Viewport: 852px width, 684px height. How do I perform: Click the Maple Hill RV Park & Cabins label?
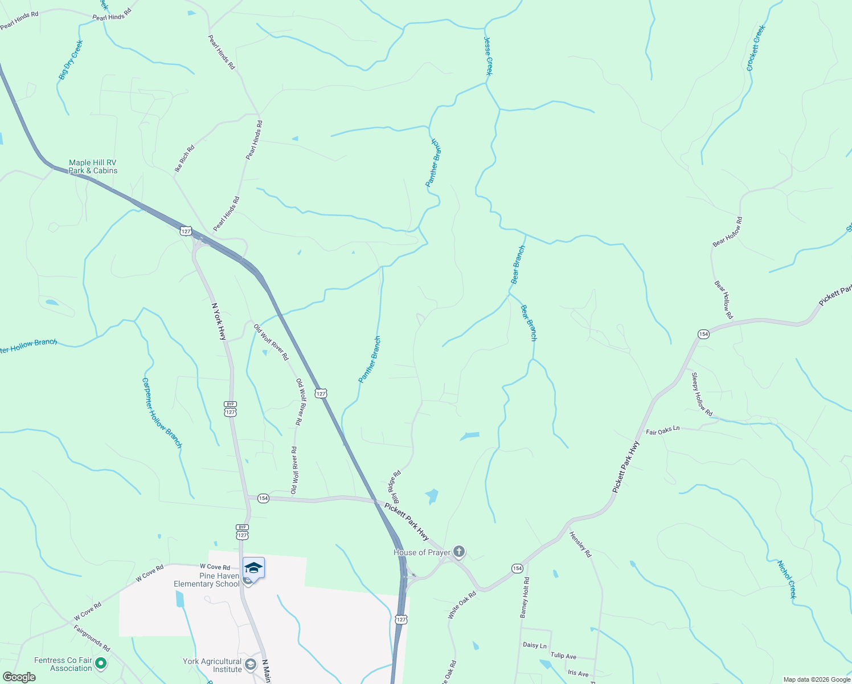pyautogui.click(x=93, y=166)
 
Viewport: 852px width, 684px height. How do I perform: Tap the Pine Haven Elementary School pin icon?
pyautogui.click(x=253, y=568)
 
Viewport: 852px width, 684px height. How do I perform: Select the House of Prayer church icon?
pyautogui.click(x=459, y=552)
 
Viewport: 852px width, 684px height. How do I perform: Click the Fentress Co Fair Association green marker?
pyautogui.click(x=101, y=663)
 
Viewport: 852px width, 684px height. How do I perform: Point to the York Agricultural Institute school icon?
pyautogui.click(x=250, y=664)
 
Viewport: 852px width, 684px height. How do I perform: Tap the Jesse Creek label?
pyautogui.click(x=488, y=56)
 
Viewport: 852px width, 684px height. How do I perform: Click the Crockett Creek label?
pyautogui.click(x=756, y=48)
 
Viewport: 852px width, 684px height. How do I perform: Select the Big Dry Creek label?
pyautogui.click(x=71, y=59)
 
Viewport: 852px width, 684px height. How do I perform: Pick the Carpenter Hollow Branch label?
pyautogui.click(x=162, y=413)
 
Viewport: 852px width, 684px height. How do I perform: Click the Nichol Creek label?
pyautogui.click(x=787, y=579)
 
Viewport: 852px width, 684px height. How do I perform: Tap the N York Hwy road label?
pyautogui.click(x=219, y=321)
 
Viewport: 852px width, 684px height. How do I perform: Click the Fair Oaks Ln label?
pyautogui.click(x=662, y=430)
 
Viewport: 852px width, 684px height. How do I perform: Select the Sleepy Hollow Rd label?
pyautogui.click(x=702, y=394)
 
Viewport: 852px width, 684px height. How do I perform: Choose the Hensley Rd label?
pyautogui.click(x=580, y=544)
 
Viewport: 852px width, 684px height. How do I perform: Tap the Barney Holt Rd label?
pyautogui.click(x=525, y=597)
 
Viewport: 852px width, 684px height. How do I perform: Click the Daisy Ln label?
pyautogui.click(x=535, y=645)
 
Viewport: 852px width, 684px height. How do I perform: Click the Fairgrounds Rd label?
pyautogui.click(x=92, y=638)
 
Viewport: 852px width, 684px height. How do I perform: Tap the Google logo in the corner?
pyautogui.click(x=19, y=677)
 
